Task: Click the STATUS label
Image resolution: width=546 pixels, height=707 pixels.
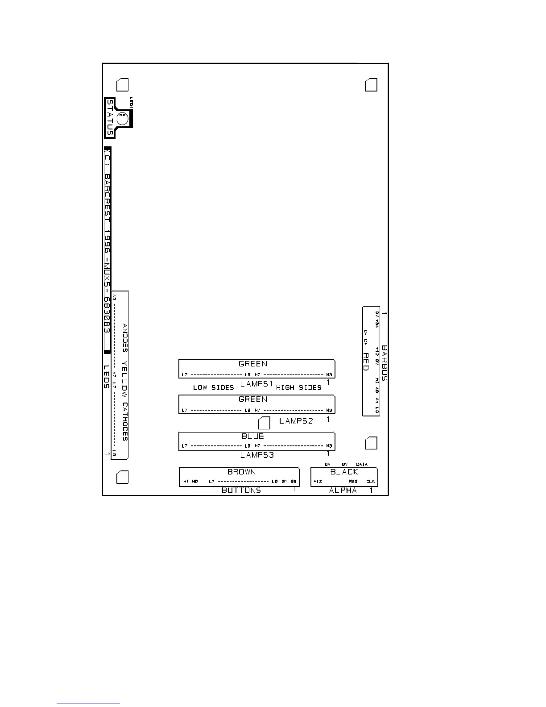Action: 110,118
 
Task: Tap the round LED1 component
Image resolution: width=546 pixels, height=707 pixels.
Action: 122,119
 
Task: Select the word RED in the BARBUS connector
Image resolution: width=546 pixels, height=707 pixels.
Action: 365,362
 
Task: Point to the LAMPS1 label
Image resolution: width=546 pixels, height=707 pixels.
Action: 256,383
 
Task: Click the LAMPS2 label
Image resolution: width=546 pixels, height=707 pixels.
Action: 296,420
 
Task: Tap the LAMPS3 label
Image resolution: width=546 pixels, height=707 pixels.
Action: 257,455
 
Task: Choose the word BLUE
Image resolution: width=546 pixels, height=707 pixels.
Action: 253,436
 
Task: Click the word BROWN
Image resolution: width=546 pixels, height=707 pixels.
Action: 242,472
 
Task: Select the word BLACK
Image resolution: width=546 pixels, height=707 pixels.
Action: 344,472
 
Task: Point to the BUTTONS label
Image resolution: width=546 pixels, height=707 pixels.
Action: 241,490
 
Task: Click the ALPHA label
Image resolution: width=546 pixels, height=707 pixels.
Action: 343,490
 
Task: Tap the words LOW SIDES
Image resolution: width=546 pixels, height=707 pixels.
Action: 213,387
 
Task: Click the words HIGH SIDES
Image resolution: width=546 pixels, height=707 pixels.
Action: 299,387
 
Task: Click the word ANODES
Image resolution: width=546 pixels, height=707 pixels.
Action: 125,338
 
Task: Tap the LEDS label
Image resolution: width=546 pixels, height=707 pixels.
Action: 107,377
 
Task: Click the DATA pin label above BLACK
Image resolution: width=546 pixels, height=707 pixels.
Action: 362,464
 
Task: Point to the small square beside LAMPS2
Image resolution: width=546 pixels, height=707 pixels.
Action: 265,423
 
